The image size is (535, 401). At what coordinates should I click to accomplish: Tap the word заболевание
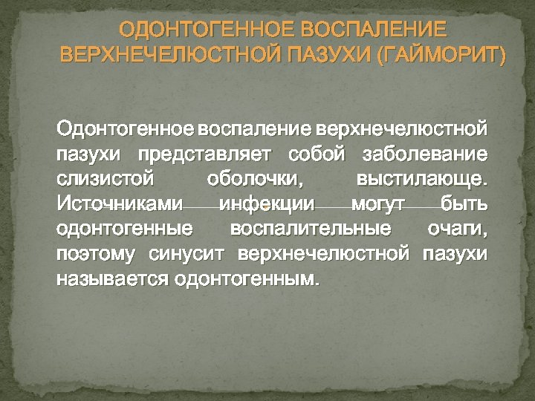pos(424,155)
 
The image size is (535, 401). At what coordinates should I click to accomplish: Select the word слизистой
pos(105,180)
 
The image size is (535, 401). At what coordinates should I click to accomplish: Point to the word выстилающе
pos(422,180)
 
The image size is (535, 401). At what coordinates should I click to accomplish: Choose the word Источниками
pos(118,203)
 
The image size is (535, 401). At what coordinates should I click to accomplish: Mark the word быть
pos(464,203)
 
